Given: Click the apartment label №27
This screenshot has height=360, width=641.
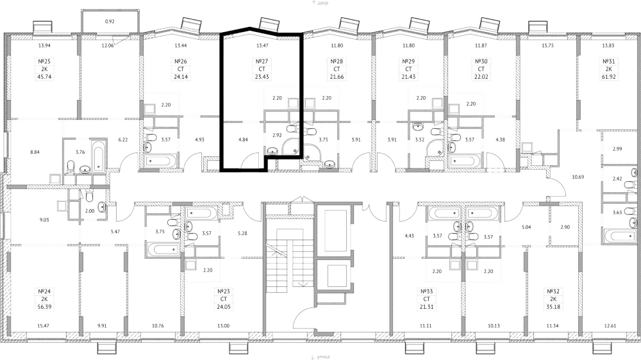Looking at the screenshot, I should [x=260, y=62].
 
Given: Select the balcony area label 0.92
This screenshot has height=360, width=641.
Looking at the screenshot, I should [x=110, y=22].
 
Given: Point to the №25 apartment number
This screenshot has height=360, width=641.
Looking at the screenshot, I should [x=44, y=62].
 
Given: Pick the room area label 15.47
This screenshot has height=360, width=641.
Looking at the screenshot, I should [x=44, y=327].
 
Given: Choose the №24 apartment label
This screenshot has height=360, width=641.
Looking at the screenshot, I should [x=44, y=291].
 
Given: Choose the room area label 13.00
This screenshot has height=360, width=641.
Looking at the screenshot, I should [x=223, y=327].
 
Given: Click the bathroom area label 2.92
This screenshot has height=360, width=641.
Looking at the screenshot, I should [x=277, y=135].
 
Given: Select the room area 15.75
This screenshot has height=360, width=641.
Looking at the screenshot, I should [x=547, y=45].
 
